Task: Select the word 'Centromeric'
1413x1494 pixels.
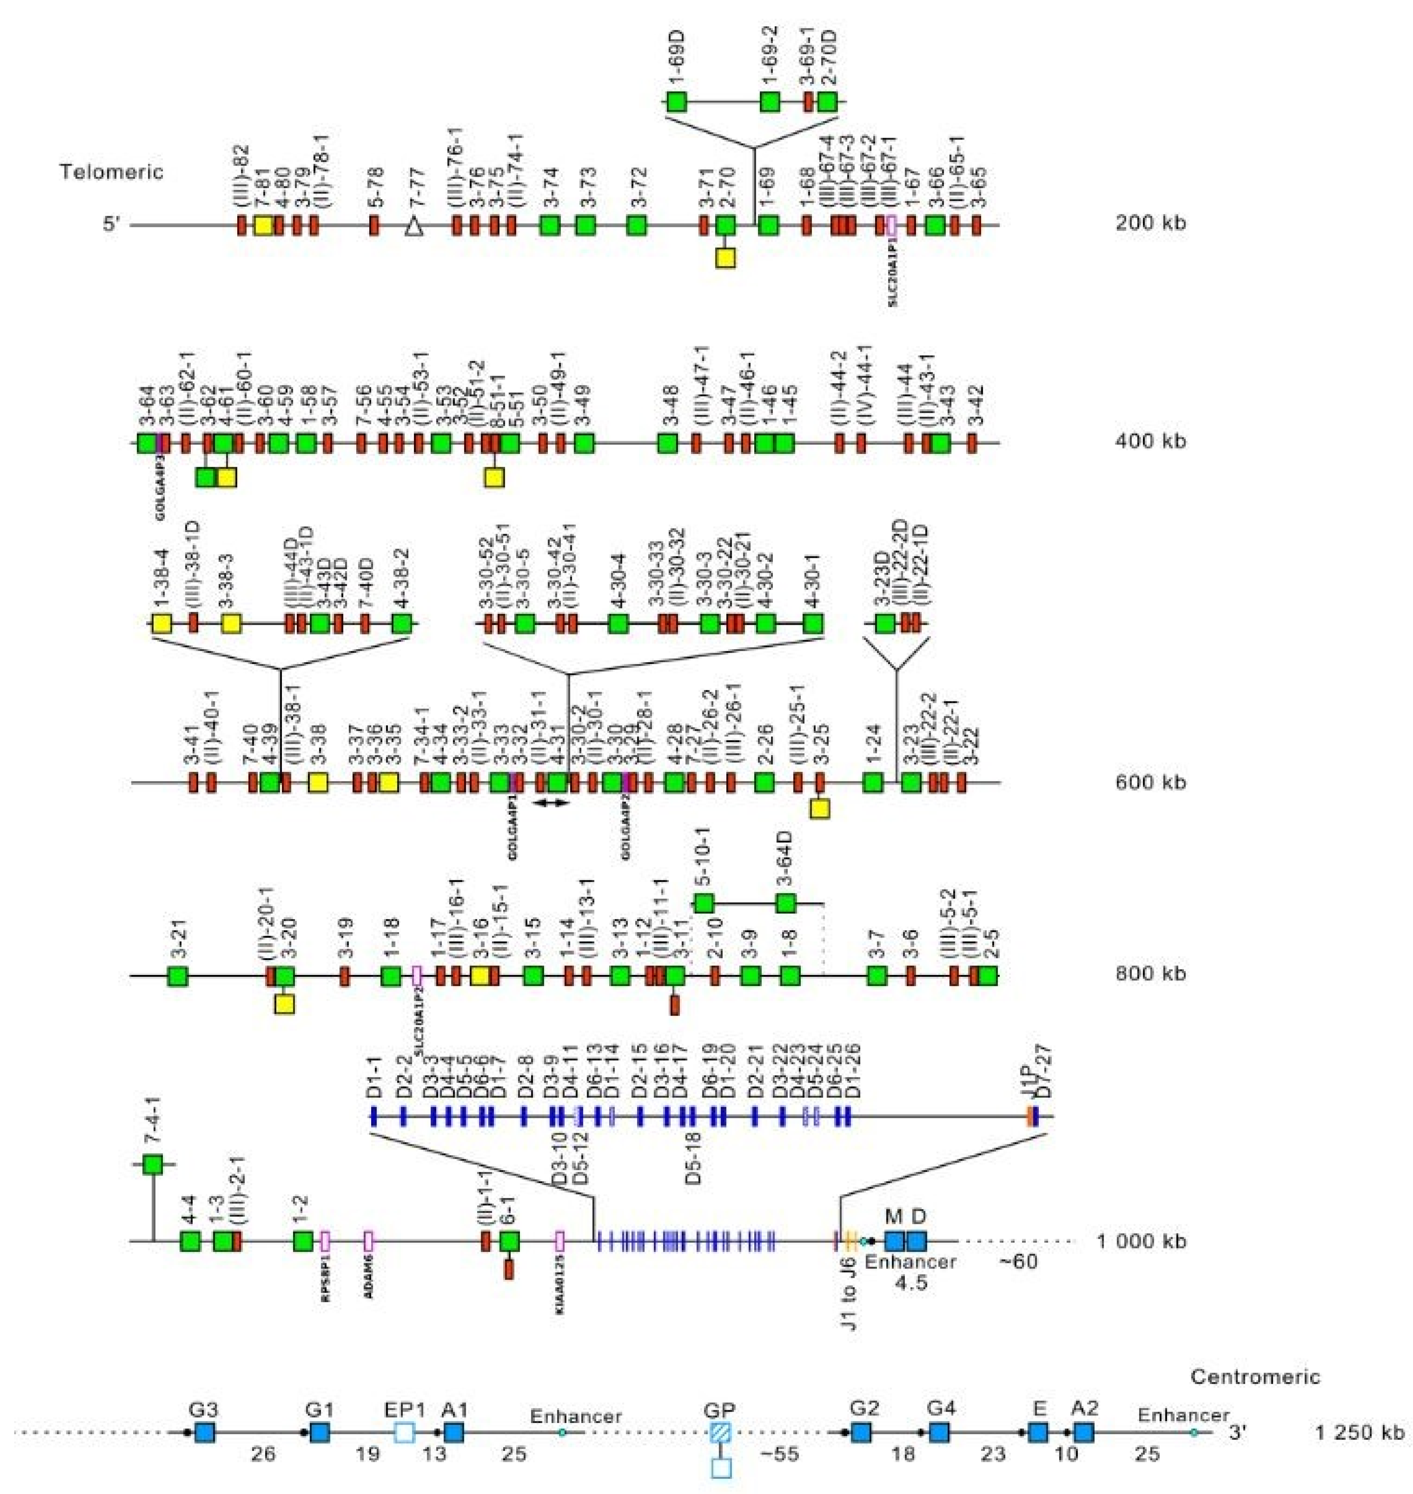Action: click(1255, 1377)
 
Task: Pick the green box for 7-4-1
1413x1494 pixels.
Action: click(153, 1165)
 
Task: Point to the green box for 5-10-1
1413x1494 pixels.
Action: click(703, 903)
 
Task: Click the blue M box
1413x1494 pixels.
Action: click(894, 1240)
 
